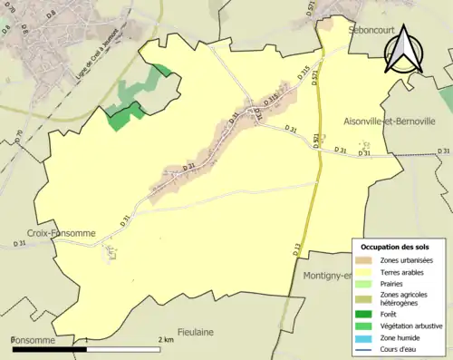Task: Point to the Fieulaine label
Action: click(196, 332)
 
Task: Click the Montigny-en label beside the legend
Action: click(326, 276)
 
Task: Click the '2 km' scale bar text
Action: click(166, 340)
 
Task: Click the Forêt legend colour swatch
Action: click(367, 313)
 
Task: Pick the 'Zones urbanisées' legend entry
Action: click(405, 261)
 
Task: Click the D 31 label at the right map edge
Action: click(443, 151)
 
